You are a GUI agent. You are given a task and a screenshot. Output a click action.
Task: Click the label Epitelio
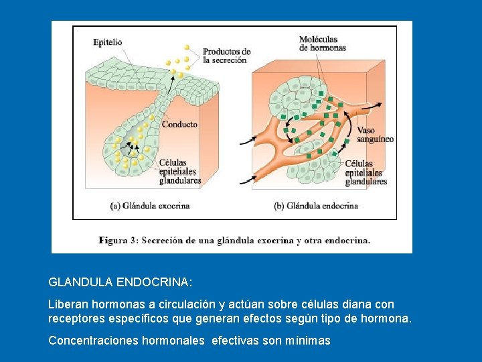click(x=107, y=42)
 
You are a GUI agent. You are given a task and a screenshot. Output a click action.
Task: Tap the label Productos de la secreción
click(x=226, y=56)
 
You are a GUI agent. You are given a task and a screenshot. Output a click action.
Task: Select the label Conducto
click(x=179, y=124)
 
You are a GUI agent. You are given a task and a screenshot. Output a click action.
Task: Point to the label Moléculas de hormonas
click(x=323, y=44)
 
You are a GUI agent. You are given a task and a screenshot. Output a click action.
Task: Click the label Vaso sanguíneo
click(x=375, y=135)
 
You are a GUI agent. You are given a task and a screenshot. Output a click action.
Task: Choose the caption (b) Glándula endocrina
click(x=316, y=206)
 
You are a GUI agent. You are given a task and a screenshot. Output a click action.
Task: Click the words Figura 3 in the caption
click(x=116, y=240)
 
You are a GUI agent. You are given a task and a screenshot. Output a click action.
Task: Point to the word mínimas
click(x=308, y=341)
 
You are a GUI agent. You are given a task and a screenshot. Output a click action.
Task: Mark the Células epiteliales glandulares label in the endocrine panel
click(x=366, y=173)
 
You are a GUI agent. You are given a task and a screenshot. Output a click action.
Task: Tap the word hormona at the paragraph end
click(x=386, y=318)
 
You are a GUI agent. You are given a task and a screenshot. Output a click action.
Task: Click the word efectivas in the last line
click(x=235, y=341)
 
